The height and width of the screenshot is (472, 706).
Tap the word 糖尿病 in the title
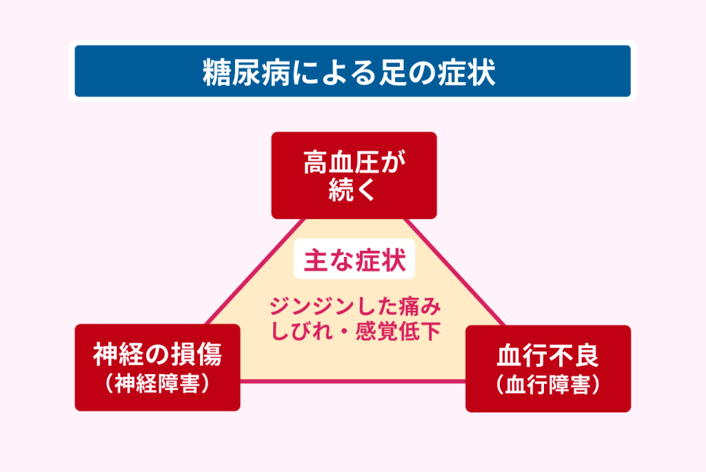tap(236, 72)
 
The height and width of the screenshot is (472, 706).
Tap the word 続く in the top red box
tap(353, 189)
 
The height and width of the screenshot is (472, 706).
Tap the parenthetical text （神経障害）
tap(157, 384)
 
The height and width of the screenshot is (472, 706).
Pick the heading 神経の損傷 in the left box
tap(157, 356)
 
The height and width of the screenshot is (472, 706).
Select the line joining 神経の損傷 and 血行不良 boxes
tap(353, 382)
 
